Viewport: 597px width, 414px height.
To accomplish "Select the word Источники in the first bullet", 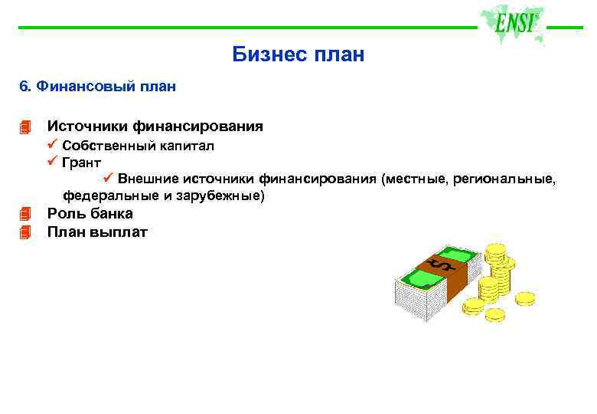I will pos(86,126).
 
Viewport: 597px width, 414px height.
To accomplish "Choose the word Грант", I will pos(82,163).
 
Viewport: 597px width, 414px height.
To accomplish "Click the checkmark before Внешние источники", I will pos(108,179).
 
